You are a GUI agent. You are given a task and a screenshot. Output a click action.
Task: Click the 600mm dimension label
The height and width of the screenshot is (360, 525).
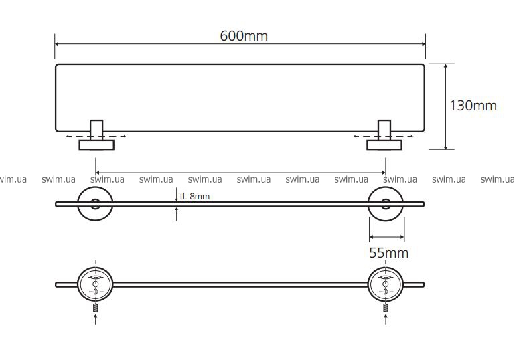click(244, 36)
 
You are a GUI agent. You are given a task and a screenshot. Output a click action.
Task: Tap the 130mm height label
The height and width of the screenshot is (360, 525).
click(473, 106)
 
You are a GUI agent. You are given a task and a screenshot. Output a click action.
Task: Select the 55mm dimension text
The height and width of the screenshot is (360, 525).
click(388, 253)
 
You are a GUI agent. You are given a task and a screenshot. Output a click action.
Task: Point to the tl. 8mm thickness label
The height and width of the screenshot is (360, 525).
click(194, 196)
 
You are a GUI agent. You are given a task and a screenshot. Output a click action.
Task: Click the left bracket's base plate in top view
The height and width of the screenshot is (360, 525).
click(96, 145)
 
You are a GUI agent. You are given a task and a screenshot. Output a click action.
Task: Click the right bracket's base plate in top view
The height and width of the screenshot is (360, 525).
click(384, 145)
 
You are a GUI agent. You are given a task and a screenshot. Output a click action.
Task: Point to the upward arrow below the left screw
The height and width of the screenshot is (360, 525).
click(96, 319)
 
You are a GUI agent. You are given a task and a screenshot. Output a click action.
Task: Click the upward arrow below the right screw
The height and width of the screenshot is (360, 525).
click(386, 319)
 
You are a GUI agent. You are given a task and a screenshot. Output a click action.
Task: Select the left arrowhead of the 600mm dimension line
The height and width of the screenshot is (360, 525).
click(58, 44)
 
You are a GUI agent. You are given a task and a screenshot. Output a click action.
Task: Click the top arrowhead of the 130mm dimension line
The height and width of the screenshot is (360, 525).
click(446, 66)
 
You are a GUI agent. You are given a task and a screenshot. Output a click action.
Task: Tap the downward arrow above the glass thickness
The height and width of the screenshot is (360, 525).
click(177, 195)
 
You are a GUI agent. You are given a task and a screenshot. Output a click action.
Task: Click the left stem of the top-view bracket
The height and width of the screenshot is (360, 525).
click(96, 130)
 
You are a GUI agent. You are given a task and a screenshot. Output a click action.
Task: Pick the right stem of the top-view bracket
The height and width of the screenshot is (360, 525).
click(384, 130)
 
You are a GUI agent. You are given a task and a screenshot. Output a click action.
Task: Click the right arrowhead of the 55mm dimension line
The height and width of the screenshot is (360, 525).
click(402, 237)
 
